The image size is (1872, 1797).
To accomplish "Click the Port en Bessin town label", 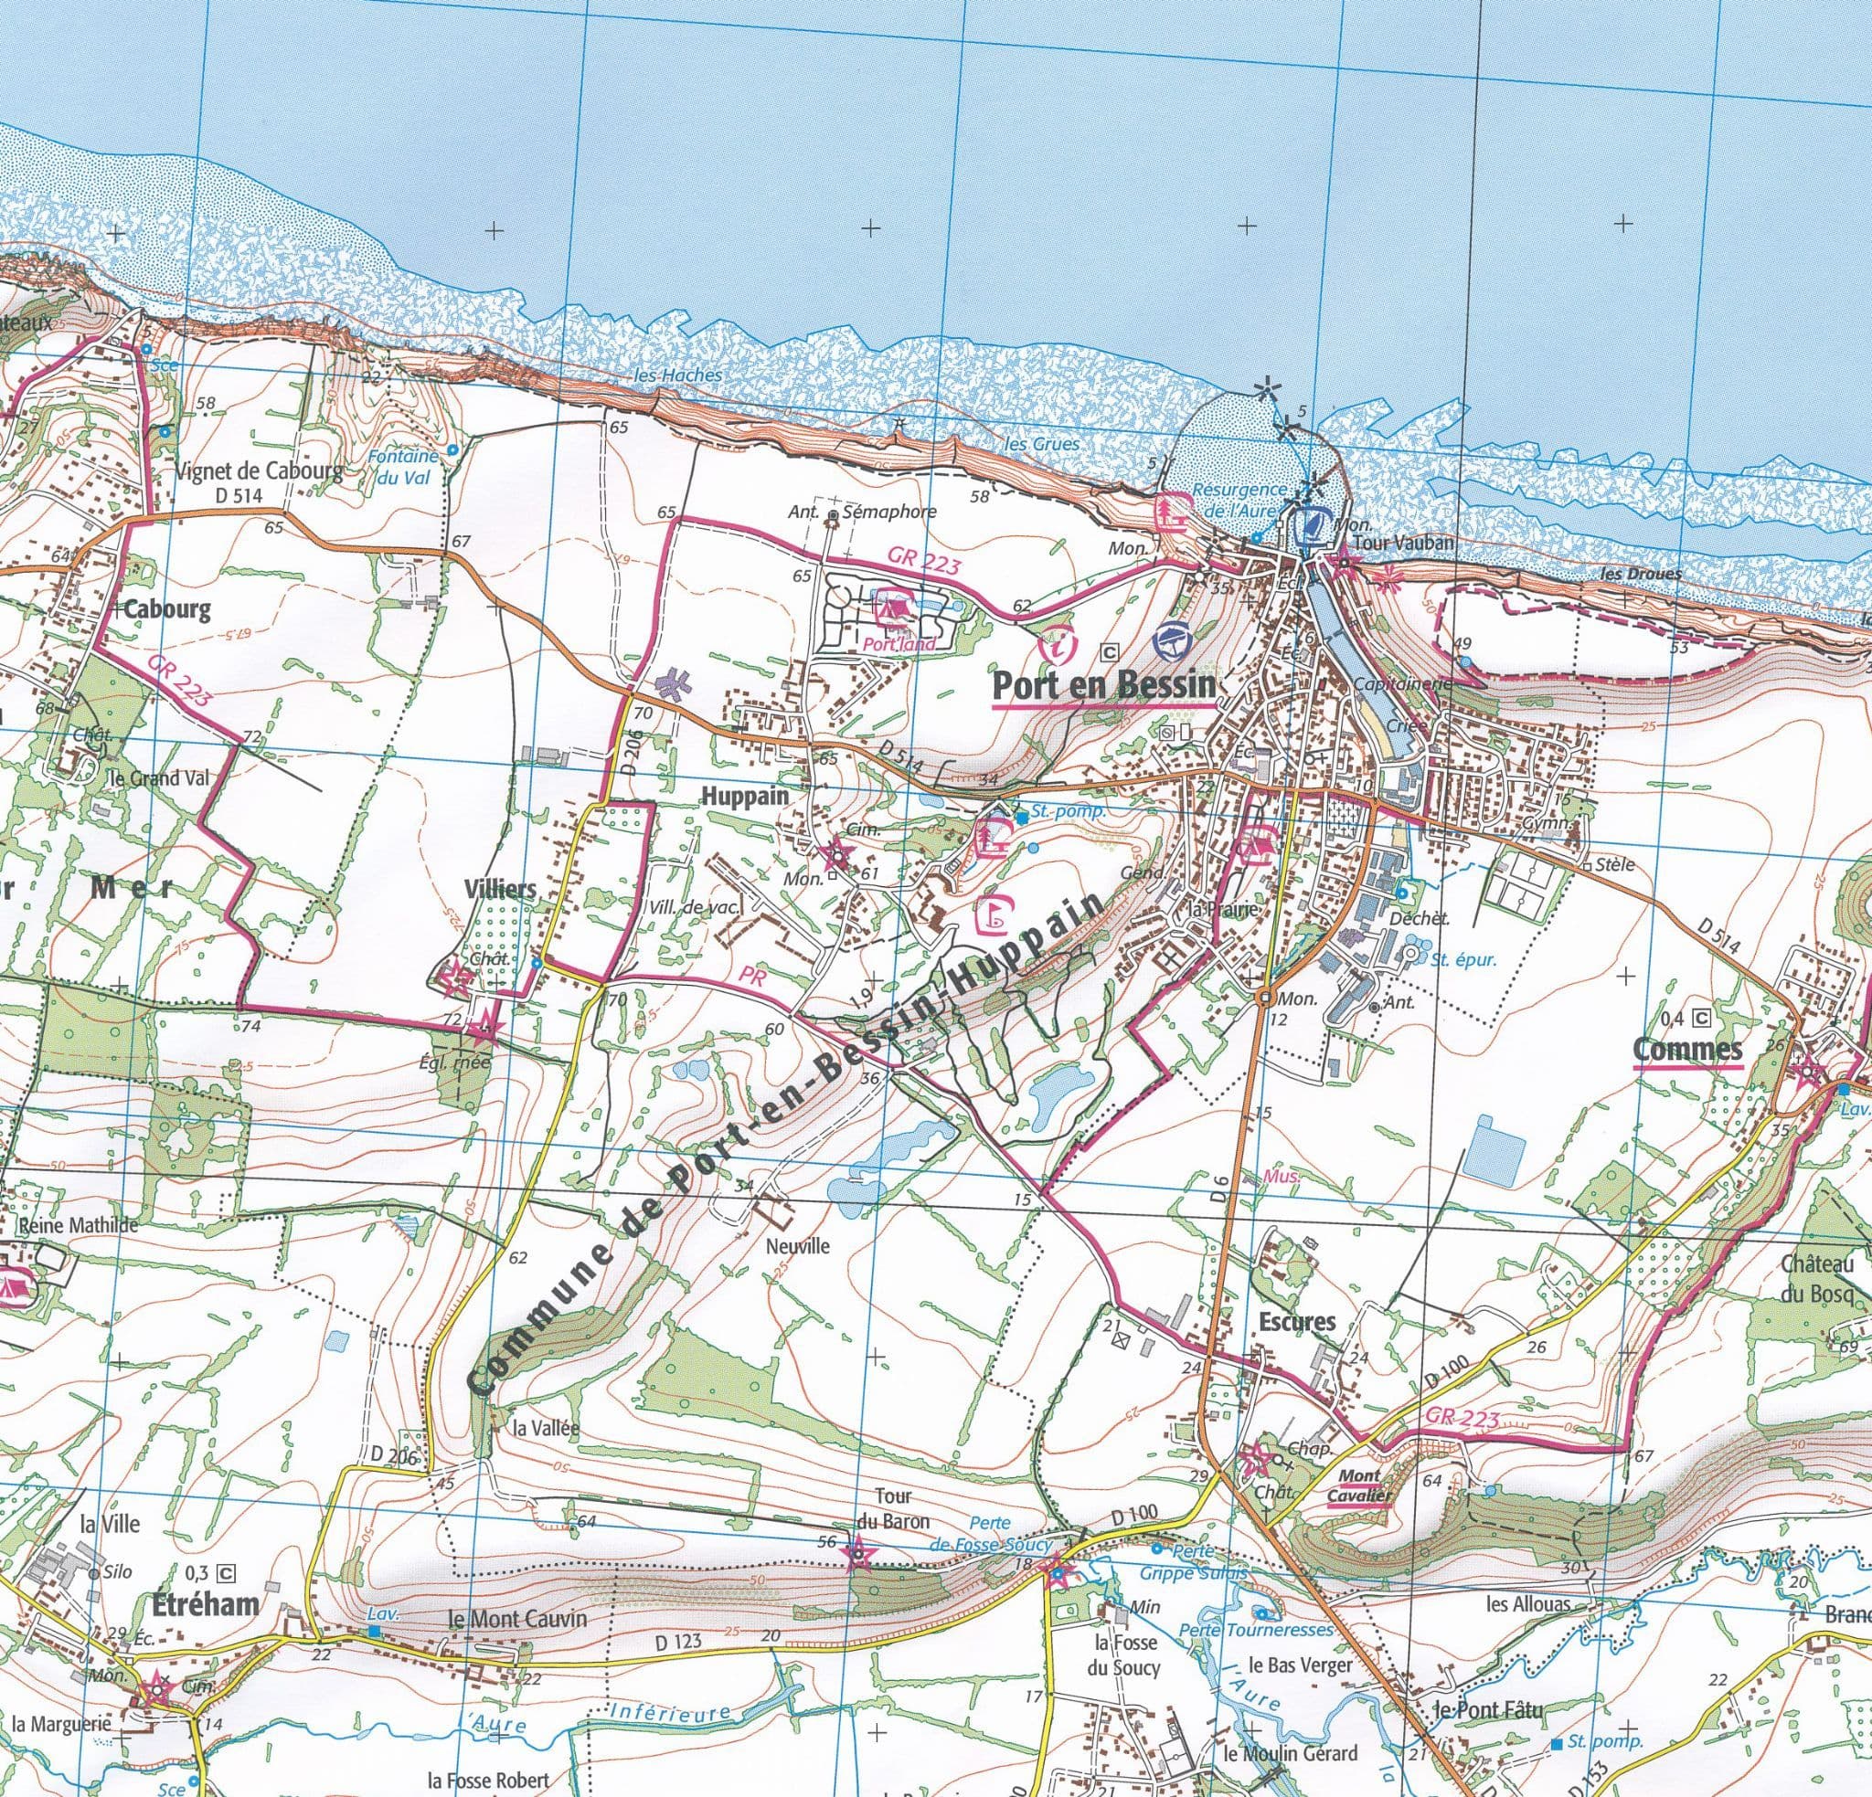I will coord(1105,684).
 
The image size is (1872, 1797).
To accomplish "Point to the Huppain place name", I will coord(746,796).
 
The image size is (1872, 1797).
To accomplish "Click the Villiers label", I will coord(499,889).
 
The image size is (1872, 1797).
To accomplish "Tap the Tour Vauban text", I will coord(1410,543).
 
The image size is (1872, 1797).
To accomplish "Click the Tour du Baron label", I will coord(892,1508).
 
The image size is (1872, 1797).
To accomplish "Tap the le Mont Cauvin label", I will coord(516,1620).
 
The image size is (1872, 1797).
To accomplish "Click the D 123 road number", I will coord(679,1643).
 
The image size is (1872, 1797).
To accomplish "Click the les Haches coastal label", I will coord(678,375).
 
